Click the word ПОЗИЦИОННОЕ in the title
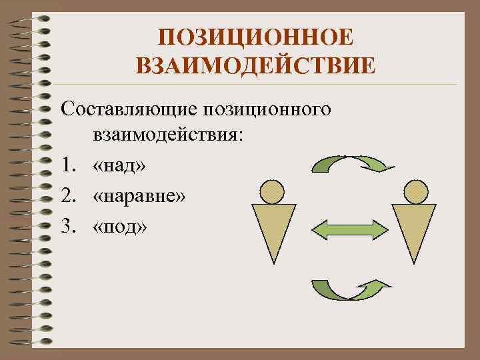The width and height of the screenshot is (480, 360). (x=255, y=37)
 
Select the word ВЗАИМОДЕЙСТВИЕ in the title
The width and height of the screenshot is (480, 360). (x=255, y=65)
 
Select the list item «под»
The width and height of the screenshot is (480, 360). (x=121, y=227)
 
